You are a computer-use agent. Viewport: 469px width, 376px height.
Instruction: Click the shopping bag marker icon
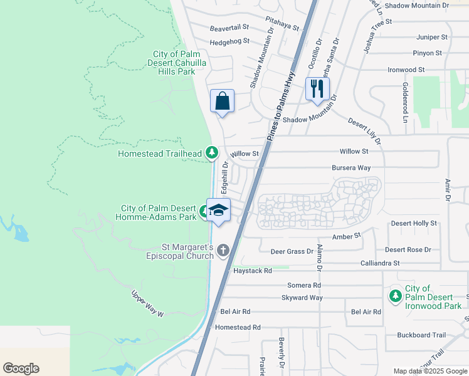pyautogui.click(x=222, y=100)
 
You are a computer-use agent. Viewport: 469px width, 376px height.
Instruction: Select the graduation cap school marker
pyautogui.click(x=218, y=210)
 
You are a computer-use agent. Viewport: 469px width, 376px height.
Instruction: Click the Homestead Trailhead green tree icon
pyautogui.click(x=212, y=153)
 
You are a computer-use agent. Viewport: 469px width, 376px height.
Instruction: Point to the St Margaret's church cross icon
pyautogui.click(x=223, y=250)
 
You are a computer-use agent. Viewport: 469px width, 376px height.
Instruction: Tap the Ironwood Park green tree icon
pyautogui.click(x=395, y=295)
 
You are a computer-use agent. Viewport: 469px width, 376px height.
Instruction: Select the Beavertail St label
pyautogui.click(x=229, y=28)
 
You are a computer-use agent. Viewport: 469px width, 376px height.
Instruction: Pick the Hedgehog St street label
pyautogui.click(x=230, y=41)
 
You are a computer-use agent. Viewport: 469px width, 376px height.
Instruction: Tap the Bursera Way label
pyautogui.click(x=352, y=168)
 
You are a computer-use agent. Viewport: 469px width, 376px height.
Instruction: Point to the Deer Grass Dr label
pyautogui.click(x=292, y=251)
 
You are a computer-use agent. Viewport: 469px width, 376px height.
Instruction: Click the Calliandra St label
pyautogui.click(x=380, y=263)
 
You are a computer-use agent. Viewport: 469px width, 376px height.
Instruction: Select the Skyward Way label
pyautogui.click(x=302, y=298)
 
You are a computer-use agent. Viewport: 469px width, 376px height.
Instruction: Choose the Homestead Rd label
pyautogui.click(x=238, y=327)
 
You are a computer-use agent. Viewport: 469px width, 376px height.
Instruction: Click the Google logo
pyautogui.click(x=21, y=368)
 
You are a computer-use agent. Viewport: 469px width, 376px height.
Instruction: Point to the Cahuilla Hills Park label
pyautogui.click(x=174, y=63)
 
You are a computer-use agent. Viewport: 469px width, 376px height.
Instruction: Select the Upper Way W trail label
pyautogui.click(x=147, y=303)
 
